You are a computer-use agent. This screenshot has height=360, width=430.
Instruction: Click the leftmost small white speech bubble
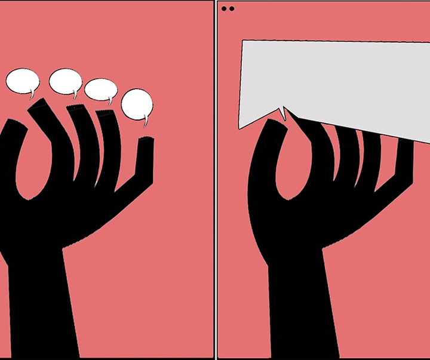[x=22, y=81]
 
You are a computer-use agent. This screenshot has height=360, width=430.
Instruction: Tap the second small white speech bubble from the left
[x=64, y=81]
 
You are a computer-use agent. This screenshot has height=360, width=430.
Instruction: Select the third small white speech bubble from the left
[x=100, y=90]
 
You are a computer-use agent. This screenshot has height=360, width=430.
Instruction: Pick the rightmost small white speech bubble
[x=137, y=104]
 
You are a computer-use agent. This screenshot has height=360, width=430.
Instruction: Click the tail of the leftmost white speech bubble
[x=32, y=95]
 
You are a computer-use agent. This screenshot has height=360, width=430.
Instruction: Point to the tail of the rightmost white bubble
[x=146, y=122]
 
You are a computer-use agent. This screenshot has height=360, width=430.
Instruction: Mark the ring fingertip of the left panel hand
[x=106, y=115]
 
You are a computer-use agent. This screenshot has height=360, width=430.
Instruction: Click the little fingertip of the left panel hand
[x=146, y=142]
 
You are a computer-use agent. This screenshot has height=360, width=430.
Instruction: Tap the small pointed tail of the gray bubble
[x=284, y=113]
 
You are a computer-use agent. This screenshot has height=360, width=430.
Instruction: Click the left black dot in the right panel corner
[x=224, y=8]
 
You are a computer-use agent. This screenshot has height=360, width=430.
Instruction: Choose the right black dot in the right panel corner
[x=231, y=8]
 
